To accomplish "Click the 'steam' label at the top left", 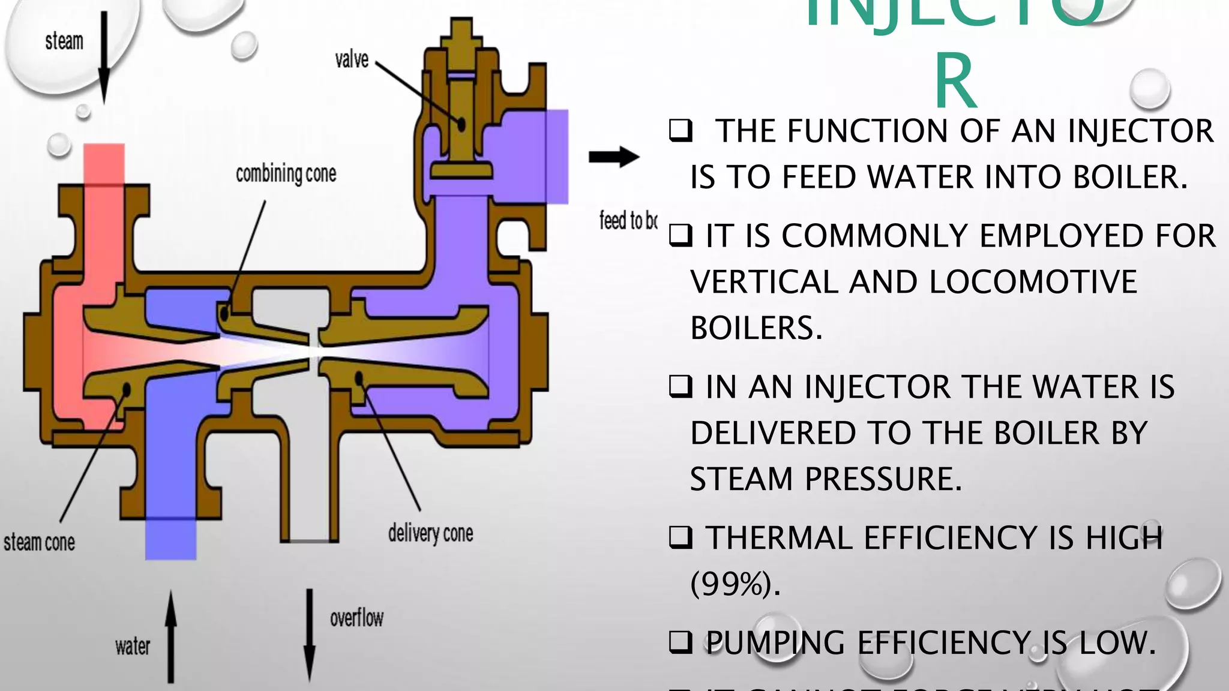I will point(64,41).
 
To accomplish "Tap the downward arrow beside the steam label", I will point(104,57).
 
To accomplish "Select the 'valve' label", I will point(352,59).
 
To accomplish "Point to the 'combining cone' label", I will point(286,174).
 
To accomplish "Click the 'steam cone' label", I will point(40,542).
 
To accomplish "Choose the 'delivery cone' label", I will point(430,533).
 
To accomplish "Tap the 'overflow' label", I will point(356,618).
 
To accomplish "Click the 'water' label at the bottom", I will point(133,647).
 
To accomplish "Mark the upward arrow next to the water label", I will point(171,636).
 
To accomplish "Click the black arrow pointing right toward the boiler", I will point(614,157).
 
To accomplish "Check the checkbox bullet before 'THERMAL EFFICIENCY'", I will point(681,537).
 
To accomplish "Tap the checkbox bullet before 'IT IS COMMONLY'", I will point(681,236).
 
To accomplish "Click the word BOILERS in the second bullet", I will point(756,328).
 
